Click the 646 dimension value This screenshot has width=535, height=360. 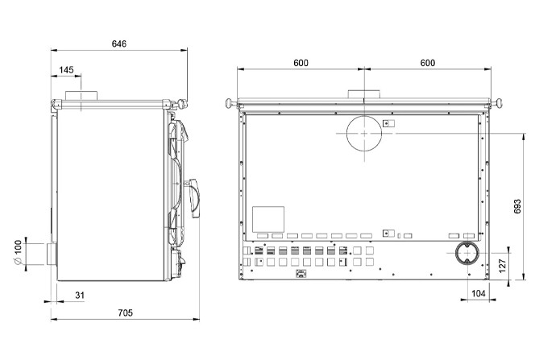[x=119, y=44]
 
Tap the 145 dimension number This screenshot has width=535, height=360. [x=66, y=70]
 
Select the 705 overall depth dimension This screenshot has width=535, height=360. [x=125, y=312]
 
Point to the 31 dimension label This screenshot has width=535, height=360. [x=80, y=295]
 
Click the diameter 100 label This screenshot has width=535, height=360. [x=18, y=252]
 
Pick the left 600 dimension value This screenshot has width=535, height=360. [x=301, y=63]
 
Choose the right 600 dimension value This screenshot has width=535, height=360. [x=428, y=63]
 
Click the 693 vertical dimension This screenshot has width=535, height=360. [x=517, y=207]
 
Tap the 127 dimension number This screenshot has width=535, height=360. [x=503, y=266]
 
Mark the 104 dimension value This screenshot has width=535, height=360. [x=479, y=293]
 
